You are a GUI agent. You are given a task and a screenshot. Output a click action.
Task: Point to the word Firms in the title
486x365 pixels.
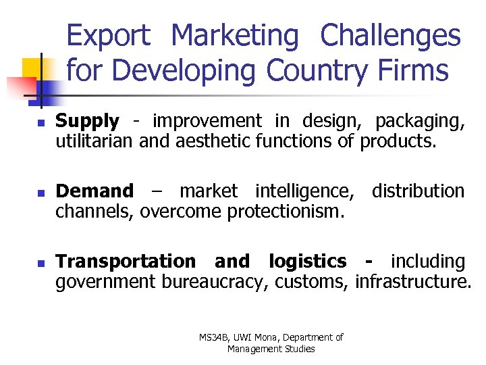pyautogui.click(x=418, y=70)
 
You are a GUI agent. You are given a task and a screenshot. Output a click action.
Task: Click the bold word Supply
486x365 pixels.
pyautogui.click(x=87, y=122)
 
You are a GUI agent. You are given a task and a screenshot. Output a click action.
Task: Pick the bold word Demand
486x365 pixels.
pyautogui.click(x=94, y=192)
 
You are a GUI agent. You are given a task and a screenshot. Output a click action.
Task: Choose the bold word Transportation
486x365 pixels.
pyautogui.click(x=125, y=262)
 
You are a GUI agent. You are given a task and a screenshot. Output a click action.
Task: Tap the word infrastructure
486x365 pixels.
pyautogui.click(x=413, y=282)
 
